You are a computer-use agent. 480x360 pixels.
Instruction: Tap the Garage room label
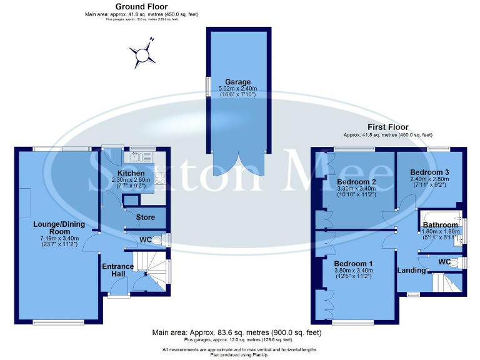(x=239, y=82)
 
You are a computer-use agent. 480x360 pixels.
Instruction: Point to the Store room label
(x=145, y=217)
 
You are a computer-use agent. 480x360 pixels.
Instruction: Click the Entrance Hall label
(x=117, y=271)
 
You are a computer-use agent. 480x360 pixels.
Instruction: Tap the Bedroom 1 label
(x=353, y=263)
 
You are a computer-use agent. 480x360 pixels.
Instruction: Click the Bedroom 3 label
(x=430, y=172)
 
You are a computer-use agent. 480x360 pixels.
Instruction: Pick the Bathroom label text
(x=441, y=224)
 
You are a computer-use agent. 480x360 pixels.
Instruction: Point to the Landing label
(x=411, y=271)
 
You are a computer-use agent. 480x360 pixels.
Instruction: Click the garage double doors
(x=239, y=164)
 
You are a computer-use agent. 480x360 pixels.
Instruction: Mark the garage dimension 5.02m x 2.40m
(x=239, y=89)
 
